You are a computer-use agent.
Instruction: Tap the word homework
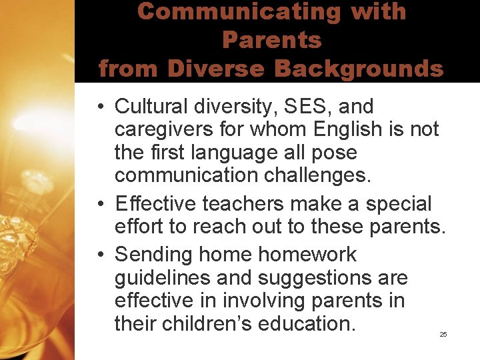[x=307, y=255]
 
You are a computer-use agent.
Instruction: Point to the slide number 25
[x=443, y=334]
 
